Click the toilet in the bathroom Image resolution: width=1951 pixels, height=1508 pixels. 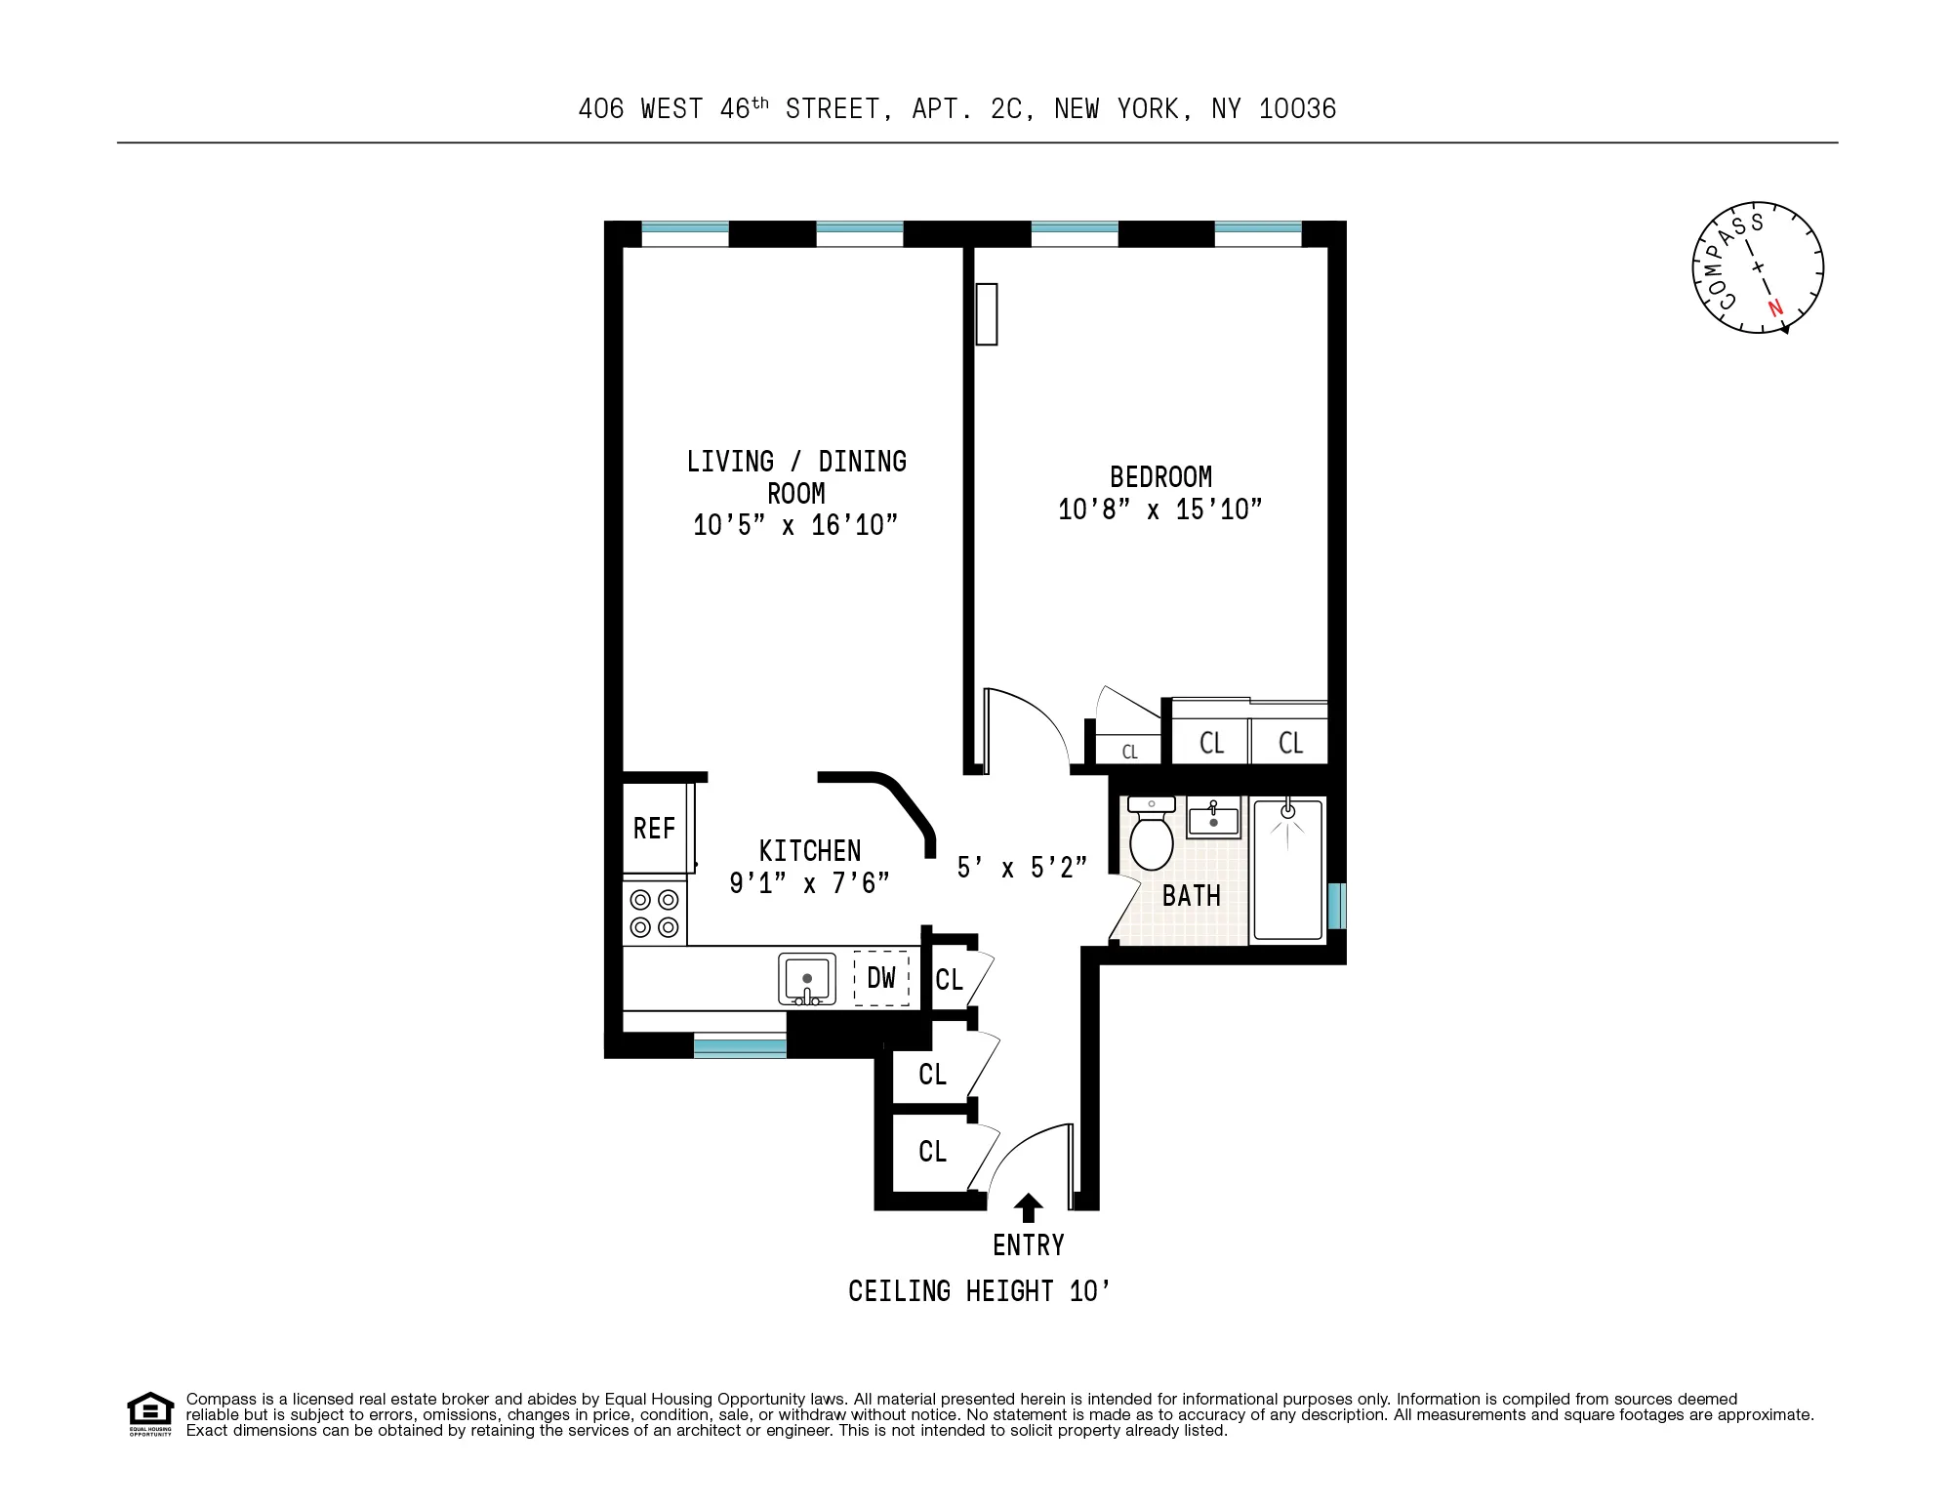(1152, 836)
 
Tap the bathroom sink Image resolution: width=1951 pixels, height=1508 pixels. (1213, 818)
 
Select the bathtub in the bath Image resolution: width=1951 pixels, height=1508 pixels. (1287, 870)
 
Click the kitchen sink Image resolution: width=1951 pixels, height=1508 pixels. (807, 978)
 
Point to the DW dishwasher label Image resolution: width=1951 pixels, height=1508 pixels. (881, 978)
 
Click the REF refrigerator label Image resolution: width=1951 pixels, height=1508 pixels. (654, 829)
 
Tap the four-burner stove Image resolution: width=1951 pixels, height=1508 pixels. (654, 913)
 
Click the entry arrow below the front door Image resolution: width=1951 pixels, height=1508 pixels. (1028, 1208)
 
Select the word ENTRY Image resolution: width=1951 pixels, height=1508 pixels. (1028, 1245)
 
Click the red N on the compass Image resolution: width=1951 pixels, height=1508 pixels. (1775, 307)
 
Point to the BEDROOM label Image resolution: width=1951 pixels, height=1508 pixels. (1160, 477)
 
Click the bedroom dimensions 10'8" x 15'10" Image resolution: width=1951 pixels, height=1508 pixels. (1160, 509)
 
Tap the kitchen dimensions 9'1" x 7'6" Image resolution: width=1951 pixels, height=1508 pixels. (809, 883)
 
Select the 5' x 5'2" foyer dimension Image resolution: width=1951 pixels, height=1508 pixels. (1021, 868)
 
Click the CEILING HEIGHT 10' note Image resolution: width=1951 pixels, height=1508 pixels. (979, 1291)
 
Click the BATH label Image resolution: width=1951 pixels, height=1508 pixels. (1191, 896)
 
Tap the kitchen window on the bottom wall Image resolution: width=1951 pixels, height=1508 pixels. (740, 1048)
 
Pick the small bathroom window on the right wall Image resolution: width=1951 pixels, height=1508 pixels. (1336, 906)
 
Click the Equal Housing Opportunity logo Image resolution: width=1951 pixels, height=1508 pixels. (150, 1414)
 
